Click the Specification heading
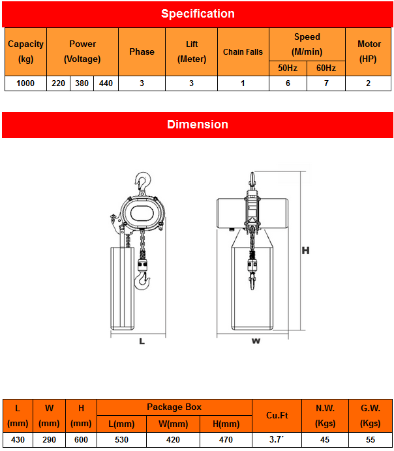[197, 14]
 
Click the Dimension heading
[197, 124]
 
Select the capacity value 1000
[25, 83]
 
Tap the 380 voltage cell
[82, 83]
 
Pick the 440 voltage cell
[106, 83]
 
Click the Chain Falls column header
[243, 52]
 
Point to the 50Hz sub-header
[288, 68]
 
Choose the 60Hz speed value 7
[326, 83]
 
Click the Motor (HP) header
[369, 51]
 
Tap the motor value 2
[369, 83]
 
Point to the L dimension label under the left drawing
[142, 341]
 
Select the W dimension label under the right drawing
[256, 340]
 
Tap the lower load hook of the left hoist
[142, 281]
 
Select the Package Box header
[174, 407]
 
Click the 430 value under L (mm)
[18, 440]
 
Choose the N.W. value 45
[325, 440]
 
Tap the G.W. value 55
[370, 440]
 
